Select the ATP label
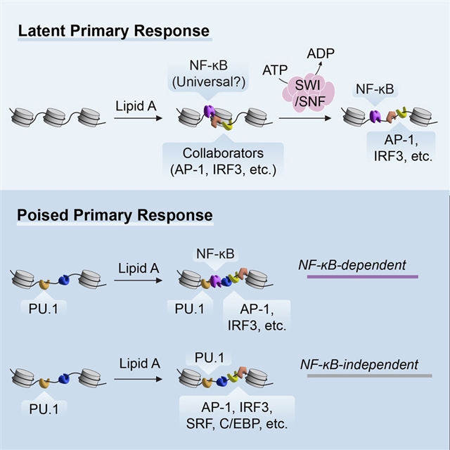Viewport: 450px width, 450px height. (274, 70)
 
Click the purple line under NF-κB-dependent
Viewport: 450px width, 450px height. (363, 276)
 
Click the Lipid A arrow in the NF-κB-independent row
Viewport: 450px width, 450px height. (134, 385)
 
